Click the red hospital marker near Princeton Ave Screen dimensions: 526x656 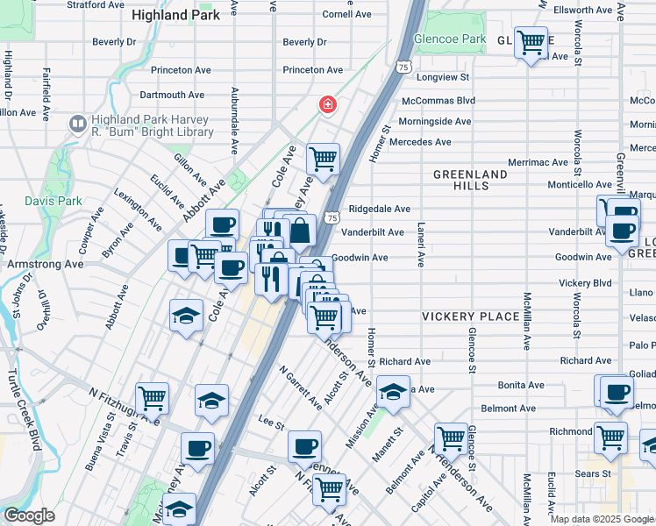328,105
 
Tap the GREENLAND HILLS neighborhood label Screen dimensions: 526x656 470,181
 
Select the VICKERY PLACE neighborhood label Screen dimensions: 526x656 463,316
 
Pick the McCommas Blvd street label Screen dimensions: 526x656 438,102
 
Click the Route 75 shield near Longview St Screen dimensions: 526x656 403,67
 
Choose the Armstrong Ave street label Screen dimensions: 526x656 46,263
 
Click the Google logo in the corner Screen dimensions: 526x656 29,515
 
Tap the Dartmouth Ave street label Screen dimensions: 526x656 172,95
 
